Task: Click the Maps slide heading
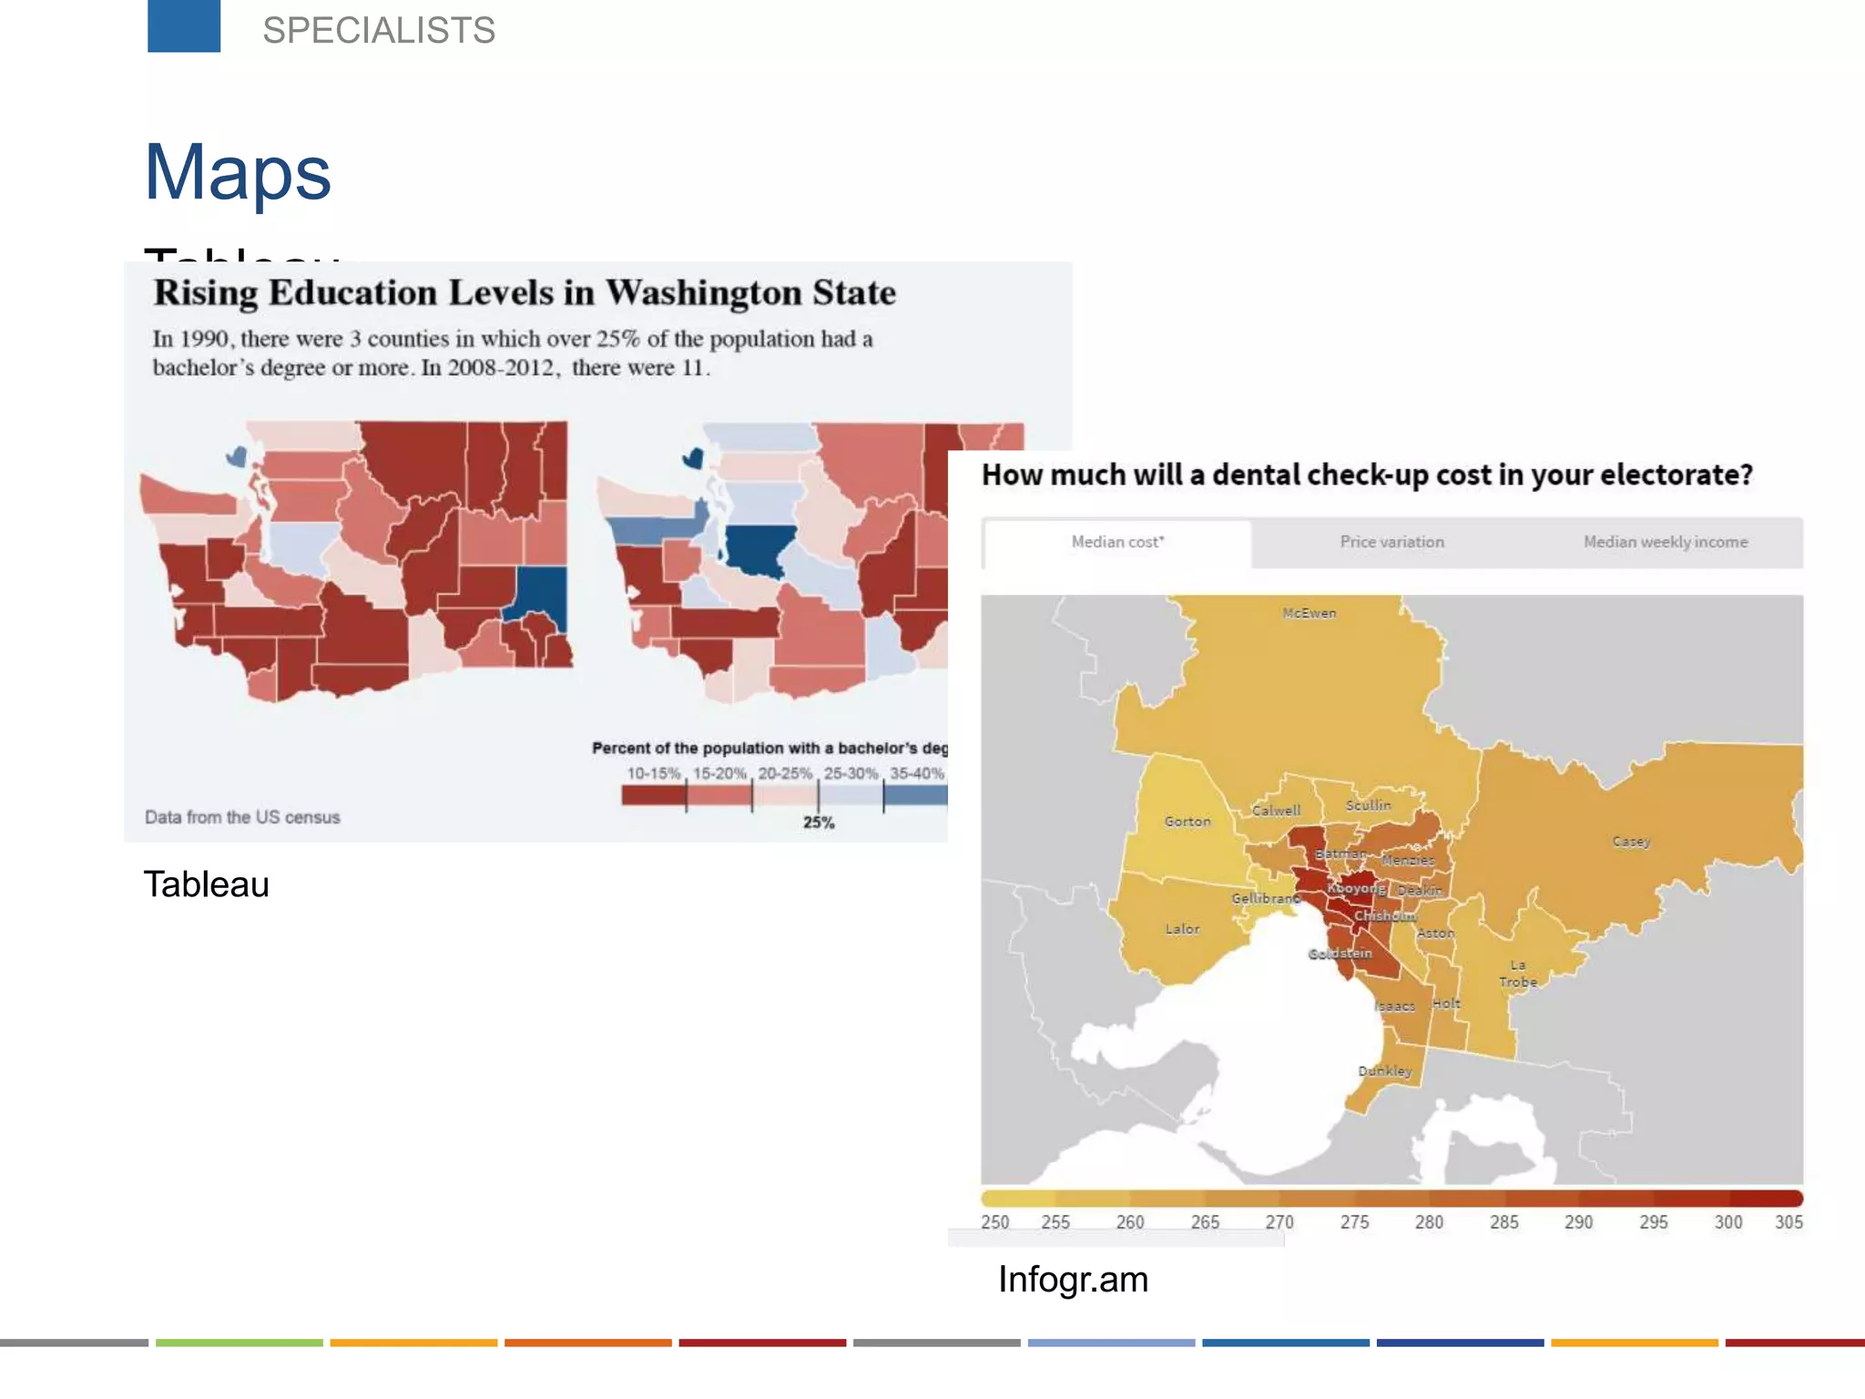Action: (x=238, y=172)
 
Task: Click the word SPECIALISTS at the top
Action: (x=379, y=30)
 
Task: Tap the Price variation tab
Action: (x=1391, y=542)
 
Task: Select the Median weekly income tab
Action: (x=1666, y=542)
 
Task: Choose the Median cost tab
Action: (x=1117, y=542)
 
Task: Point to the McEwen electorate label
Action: (x=1310, y=613)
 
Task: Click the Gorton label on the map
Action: (x=1187, y=822)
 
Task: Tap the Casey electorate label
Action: (x=1631, y=842)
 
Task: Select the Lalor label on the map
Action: (x=1182, y=929)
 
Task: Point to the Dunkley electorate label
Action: (x=1385, y=1071)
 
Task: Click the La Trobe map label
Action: (x=1518, y=974)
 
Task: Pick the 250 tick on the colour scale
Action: (x=994, y=1222)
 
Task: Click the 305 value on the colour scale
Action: (x=1789, y=1222)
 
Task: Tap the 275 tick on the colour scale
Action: (x=1354, y=1222)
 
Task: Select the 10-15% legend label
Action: (x=653, y=773)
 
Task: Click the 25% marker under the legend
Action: (x=819, y=822)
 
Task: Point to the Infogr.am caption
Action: (x=1073, y=1280)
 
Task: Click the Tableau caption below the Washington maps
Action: (x=207, y=884)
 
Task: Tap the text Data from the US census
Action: (x=242, y=817)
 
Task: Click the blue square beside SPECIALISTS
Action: (x=184, y=26)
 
